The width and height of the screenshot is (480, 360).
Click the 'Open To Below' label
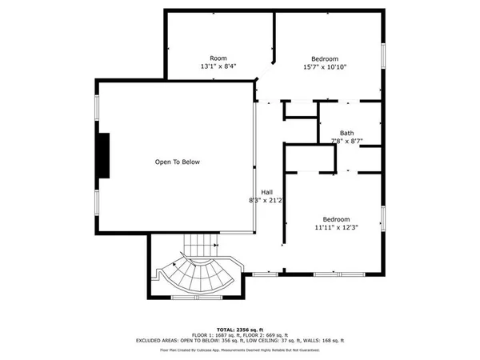click(177, 162)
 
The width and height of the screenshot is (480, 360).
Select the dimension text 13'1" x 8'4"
click(218, 67)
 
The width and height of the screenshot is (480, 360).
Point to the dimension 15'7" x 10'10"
click(324, 67)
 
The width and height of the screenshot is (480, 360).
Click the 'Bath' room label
click(346, 133)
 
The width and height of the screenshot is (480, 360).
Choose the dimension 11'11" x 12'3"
click(335, 227)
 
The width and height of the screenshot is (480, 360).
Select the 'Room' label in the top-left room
click(218, 58)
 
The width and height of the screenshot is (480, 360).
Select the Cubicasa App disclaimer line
click(239, 350)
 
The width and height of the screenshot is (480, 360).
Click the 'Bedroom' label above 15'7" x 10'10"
click(324, 58)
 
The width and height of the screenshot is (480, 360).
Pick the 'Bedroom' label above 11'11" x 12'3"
click(335, 218)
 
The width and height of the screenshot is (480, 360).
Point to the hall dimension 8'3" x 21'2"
click(261, 201)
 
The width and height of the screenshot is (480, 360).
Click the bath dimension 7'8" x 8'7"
click(346, 142)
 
